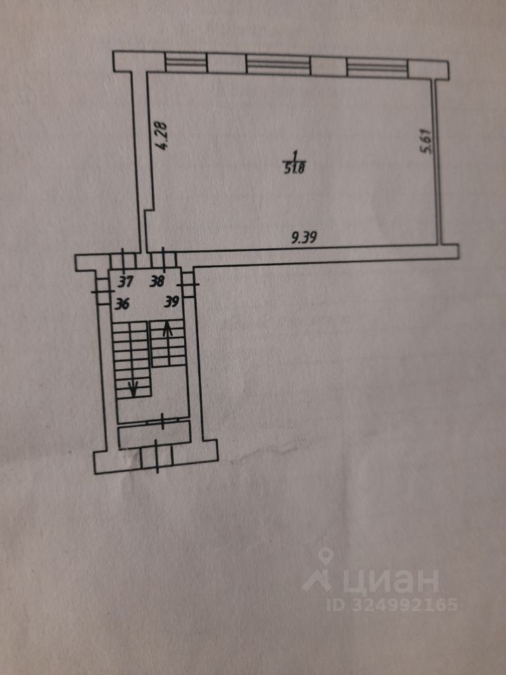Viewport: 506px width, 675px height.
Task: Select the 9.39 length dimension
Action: [305, 238]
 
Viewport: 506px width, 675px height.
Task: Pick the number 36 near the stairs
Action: [123, 303]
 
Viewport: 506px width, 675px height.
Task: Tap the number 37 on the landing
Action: [125, 283]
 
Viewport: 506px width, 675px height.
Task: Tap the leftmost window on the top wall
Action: [186, 63]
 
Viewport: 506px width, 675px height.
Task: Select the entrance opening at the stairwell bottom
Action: [156, 458]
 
